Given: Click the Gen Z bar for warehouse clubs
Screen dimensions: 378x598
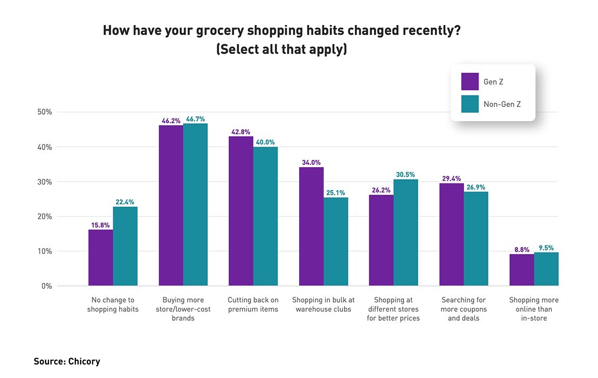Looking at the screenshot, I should click(x=311, y=226).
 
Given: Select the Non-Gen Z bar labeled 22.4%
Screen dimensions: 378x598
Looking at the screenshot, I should click(x=125, y=246).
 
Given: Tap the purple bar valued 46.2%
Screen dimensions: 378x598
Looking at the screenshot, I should click(x=171, y=205).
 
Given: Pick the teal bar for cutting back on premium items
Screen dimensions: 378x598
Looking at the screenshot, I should click(x=265, y=216).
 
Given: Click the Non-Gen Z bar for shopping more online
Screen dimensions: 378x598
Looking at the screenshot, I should click(x=546, y=269).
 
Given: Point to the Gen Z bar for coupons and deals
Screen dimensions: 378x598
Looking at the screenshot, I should click(x=451, y=234).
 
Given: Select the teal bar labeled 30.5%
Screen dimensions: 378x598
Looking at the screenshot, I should click(x=406, y=232).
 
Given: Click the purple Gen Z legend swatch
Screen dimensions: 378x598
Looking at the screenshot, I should click(x=470, y=82).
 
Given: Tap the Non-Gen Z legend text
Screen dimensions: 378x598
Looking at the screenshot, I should click(x=502, y=104).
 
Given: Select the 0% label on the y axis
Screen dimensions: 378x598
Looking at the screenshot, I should click(x=47, y=286).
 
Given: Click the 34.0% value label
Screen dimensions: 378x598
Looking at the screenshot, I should click(x=312, y=163).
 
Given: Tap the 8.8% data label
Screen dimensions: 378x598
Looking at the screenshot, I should click(x=521, y=249).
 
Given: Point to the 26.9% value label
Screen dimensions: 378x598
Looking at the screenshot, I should click(x=476, y=187).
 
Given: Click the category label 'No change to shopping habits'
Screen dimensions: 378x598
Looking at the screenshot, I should click(x=113, y=305).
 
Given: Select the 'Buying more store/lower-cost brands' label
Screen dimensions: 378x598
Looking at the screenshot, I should click(x=183, y=309).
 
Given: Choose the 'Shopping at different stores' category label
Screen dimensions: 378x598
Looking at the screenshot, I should click(x=393, y=309).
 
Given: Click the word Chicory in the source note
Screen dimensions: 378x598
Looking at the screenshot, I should click(x=84, y=361).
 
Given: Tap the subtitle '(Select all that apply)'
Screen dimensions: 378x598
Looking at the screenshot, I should click(x=282, y=50).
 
